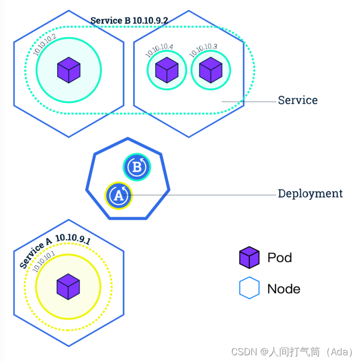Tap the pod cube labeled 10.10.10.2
coord(69,70)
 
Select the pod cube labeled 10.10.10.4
coord(167,70)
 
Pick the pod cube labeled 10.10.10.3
coord(211,70)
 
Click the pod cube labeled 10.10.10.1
coord(68,286)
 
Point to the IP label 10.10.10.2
coord(45,45)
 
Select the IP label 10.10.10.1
coord(44,262)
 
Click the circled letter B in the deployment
coord(137,167)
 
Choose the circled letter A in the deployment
coord(118,195)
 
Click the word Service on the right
coord(298,100)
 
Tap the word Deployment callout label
coord(310,194)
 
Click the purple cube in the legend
coord(249,258)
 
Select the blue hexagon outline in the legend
coord(249,289)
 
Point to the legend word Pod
coord(279,258)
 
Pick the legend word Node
coord(284,289)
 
